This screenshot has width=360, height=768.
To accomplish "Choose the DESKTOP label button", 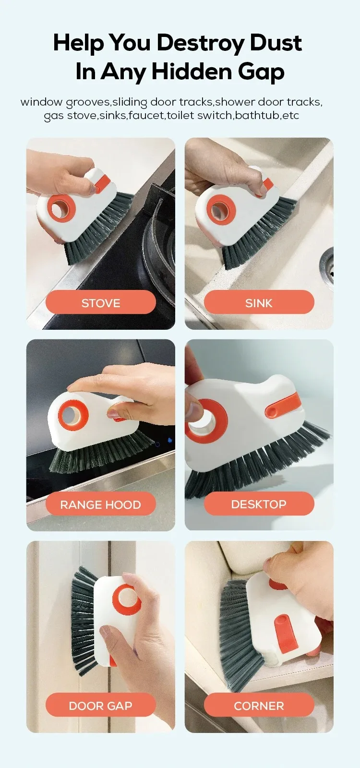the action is [259, 504].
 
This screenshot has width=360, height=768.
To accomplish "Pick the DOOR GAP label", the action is [100, 705].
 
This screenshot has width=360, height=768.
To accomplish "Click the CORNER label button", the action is [259, 705].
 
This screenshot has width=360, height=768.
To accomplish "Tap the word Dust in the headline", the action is [276, 43].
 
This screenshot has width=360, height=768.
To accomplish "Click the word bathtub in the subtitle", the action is [257, 115].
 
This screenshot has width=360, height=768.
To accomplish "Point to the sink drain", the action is [327, 264].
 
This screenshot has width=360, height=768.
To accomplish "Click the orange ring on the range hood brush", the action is [73, 416].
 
